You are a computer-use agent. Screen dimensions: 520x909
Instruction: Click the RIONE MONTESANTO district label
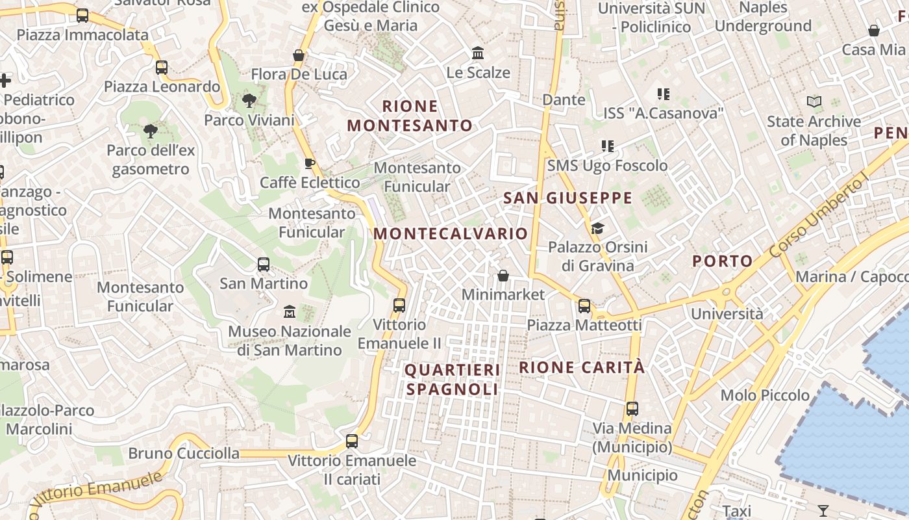[x=410, y=116]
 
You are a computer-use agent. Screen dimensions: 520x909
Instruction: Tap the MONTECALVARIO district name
[x=451, y=233]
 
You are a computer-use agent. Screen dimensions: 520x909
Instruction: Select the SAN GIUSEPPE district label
[x=567, y=198]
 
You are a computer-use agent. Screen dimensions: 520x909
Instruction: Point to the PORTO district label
[x=722, y=261]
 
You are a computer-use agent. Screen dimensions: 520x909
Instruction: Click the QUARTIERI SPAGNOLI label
[x=452, y=380]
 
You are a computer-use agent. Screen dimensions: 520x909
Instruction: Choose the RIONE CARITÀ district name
[x=582, y=367]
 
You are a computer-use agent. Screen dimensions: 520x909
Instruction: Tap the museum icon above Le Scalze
[x=478, y=53]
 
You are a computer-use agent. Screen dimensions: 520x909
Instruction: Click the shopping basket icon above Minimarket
[x=503, y=276]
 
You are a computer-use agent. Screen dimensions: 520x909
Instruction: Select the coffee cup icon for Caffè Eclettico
[x=310, y=163]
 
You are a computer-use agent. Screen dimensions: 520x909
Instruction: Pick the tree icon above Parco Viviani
[x=249, y=101]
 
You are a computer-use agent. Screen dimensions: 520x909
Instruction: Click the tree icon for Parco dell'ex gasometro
[x=151, y=131]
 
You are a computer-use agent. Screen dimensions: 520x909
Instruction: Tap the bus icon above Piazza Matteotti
[x=584, y=305]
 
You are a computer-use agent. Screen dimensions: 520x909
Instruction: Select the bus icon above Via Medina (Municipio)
[x=632, y=409]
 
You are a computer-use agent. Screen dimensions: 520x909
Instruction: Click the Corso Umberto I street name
[x=819, y=216]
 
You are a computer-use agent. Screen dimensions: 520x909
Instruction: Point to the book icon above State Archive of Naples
[x=814, y=102]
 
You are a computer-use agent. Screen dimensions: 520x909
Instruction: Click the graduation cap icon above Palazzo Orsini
[x=597, y=228]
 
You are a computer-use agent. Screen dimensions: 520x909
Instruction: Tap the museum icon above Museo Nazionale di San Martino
[x=290, y=312]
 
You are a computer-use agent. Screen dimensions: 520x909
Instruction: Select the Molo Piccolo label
[x=765, y=395]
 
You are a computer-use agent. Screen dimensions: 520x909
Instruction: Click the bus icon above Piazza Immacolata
[x=82, y=16]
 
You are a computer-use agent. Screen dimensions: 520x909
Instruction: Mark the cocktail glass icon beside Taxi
[x=823, y=510]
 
